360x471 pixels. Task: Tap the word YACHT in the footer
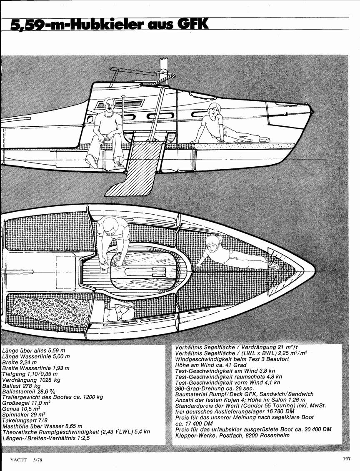18,459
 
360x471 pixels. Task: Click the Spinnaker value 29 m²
38,409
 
